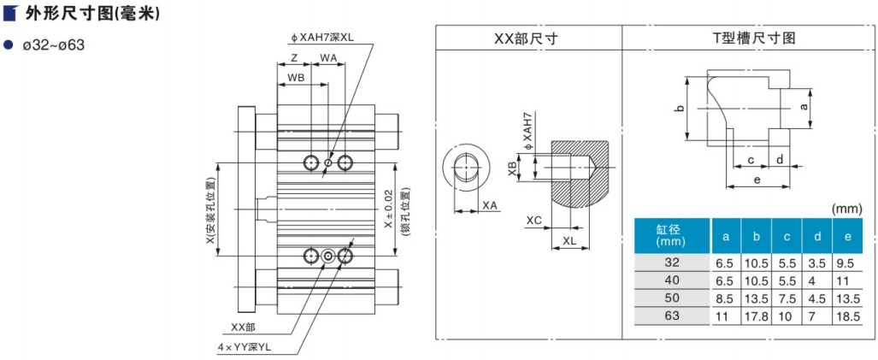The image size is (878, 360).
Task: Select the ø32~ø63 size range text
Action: tap(54, 44)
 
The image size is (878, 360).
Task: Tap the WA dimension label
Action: tap(328, 58)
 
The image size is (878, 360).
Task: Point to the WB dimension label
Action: tap(296, 77)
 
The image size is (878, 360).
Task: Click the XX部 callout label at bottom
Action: tap(244, 327)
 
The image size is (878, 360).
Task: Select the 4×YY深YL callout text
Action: tap(244, 347)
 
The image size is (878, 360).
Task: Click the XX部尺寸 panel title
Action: tap(528, 38)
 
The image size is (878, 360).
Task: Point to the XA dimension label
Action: tap(490, 206)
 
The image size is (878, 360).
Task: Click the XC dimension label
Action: tap(534, 221)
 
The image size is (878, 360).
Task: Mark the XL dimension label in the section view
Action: tap(569, 242)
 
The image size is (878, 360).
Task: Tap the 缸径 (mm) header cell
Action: tap(673, 235)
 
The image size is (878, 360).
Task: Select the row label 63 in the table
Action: tap(673, 316)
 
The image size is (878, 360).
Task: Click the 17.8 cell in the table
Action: tap(756, 316)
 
